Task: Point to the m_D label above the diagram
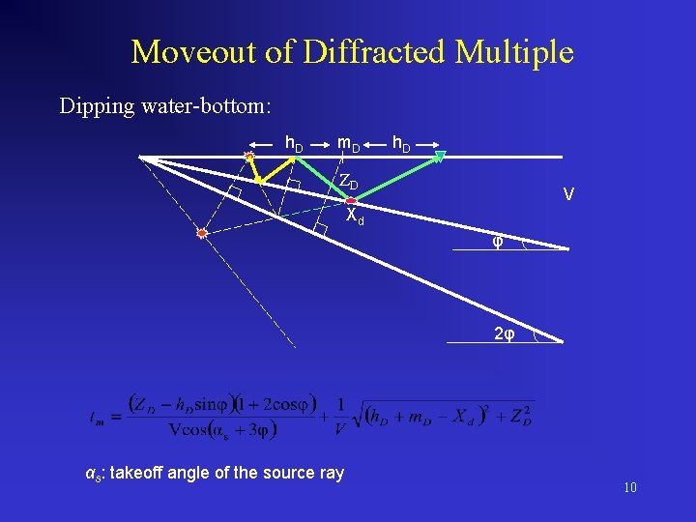tap(348, 144)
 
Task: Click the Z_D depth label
tap(348, 183)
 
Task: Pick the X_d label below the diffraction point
tap(355, 216)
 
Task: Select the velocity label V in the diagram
tap(568, 195)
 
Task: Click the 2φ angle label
tap(504, 334)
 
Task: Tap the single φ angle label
tap(497, 241)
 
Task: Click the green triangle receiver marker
tap(440, 156)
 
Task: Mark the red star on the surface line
tap(248, 156)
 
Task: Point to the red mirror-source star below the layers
tap(201, 233)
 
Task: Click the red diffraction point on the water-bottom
tap(351, 199)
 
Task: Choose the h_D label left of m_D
tap(294, 144)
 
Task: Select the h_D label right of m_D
tap(401, 144)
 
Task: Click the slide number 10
tap(629, 487)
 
